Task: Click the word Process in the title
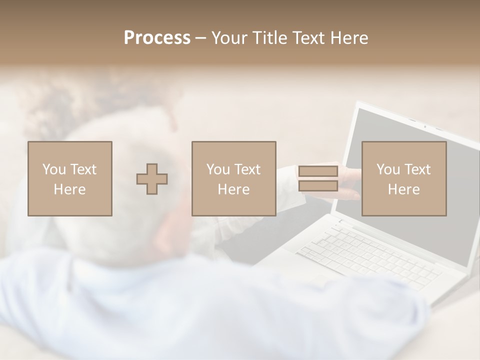(x=157, y=38)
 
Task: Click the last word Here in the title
(x=348, y=38)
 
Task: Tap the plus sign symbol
(x=152, y=178)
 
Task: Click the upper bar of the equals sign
(x=318, y=171)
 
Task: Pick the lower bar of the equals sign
(x=318, y=186)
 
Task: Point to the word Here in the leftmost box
(x=70, y=189)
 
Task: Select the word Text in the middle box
(x=247, y=169)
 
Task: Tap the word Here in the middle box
(x=234, y=189)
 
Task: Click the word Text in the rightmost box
(x=417, y=169)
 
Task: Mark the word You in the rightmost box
(x=387, y=169)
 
